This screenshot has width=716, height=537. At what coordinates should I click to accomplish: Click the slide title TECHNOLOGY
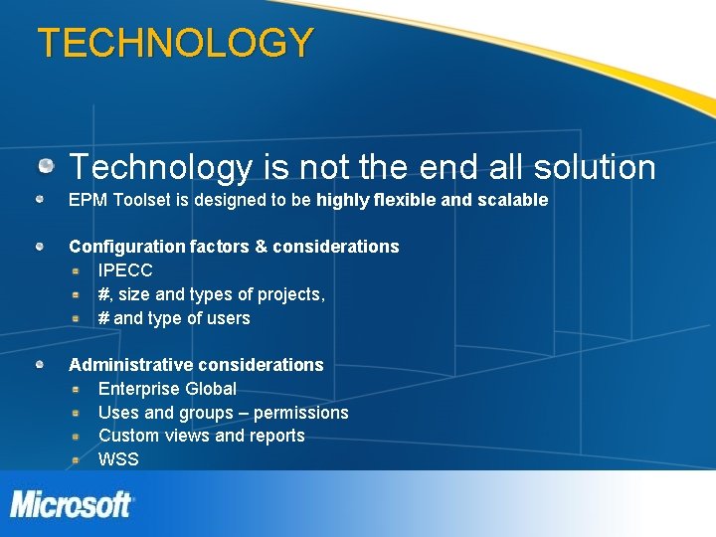pos(175,43)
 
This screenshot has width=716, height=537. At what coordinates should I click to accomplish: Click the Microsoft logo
pos(72,504)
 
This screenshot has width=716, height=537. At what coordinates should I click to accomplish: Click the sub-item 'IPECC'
pos(125,270)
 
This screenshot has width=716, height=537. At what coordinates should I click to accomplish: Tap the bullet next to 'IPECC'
pos(76,269)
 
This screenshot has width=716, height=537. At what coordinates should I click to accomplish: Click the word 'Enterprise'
pos(139,389)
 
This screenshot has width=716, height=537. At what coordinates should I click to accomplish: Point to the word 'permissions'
pos(302,413)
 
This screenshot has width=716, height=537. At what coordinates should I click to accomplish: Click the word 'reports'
pos(275,436)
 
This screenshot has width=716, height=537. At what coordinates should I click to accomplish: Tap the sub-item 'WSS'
pos(118,459)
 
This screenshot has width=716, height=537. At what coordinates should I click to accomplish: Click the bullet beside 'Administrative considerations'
pos(39,364)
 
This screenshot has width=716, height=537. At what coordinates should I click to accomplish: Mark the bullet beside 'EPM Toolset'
pos(39,199)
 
